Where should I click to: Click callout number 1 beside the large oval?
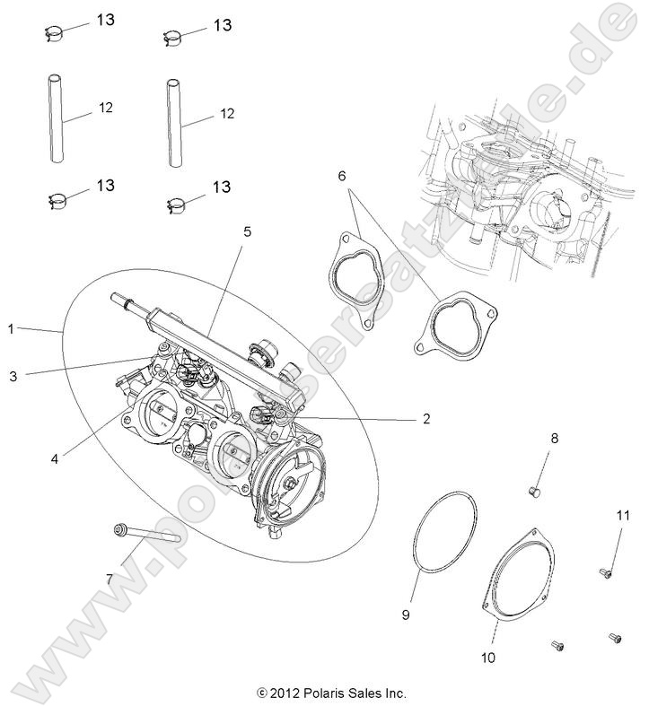click(x=12, y=329)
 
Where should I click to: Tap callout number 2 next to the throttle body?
click(x=426, y=418)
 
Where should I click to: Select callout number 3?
click(x=13, y=377)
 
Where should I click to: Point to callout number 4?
click(x=55, y=458)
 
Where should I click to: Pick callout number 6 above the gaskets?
click(x=342, y=175)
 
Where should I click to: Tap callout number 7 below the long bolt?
click(x=110, y=579)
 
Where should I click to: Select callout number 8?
click(x=554, y=438)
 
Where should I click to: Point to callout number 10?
click(x=487, y=658)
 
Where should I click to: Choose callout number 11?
click(x=624, y=514)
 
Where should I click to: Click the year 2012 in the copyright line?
click(x=285, y=693)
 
